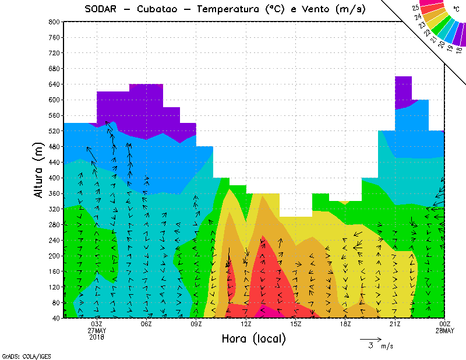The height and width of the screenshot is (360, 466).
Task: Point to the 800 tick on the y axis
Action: [x=53, y=22]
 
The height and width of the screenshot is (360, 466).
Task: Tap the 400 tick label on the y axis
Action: [x=53, y=178]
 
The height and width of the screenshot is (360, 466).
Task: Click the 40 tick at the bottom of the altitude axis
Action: [x=55, y=318]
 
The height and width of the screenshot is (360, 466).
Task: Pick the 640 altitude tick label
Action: [x=53, y=84]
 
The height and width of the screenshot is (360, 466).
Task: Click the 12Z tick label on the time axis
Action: [x=246, y=324]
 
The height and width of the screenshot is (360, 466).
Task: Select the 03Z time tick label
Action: [x=97, y=324]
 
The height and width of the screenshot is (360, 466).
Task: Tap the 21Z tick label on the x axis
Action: [x=395, y=324]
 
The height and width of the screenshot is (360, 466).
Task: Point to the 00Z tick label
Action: [x=445, y=324]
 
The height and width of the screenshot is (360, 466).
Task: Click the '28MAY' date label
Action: [x=445, y=331]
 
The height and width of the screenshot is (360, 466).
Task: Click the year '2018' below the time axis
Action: [x=97, y=337]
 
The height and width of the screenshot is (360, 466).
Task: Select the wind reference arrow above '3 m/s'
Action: [x=370, y=338]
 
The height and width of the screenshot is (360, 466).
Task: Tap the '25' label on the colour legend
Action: [x=415, y=9]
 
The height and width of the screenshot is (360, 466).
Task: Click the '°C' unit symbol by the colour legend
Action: [x=456, y=9]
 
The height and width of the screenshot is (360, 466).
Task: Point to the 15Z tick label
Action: [x=296, y=324]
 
